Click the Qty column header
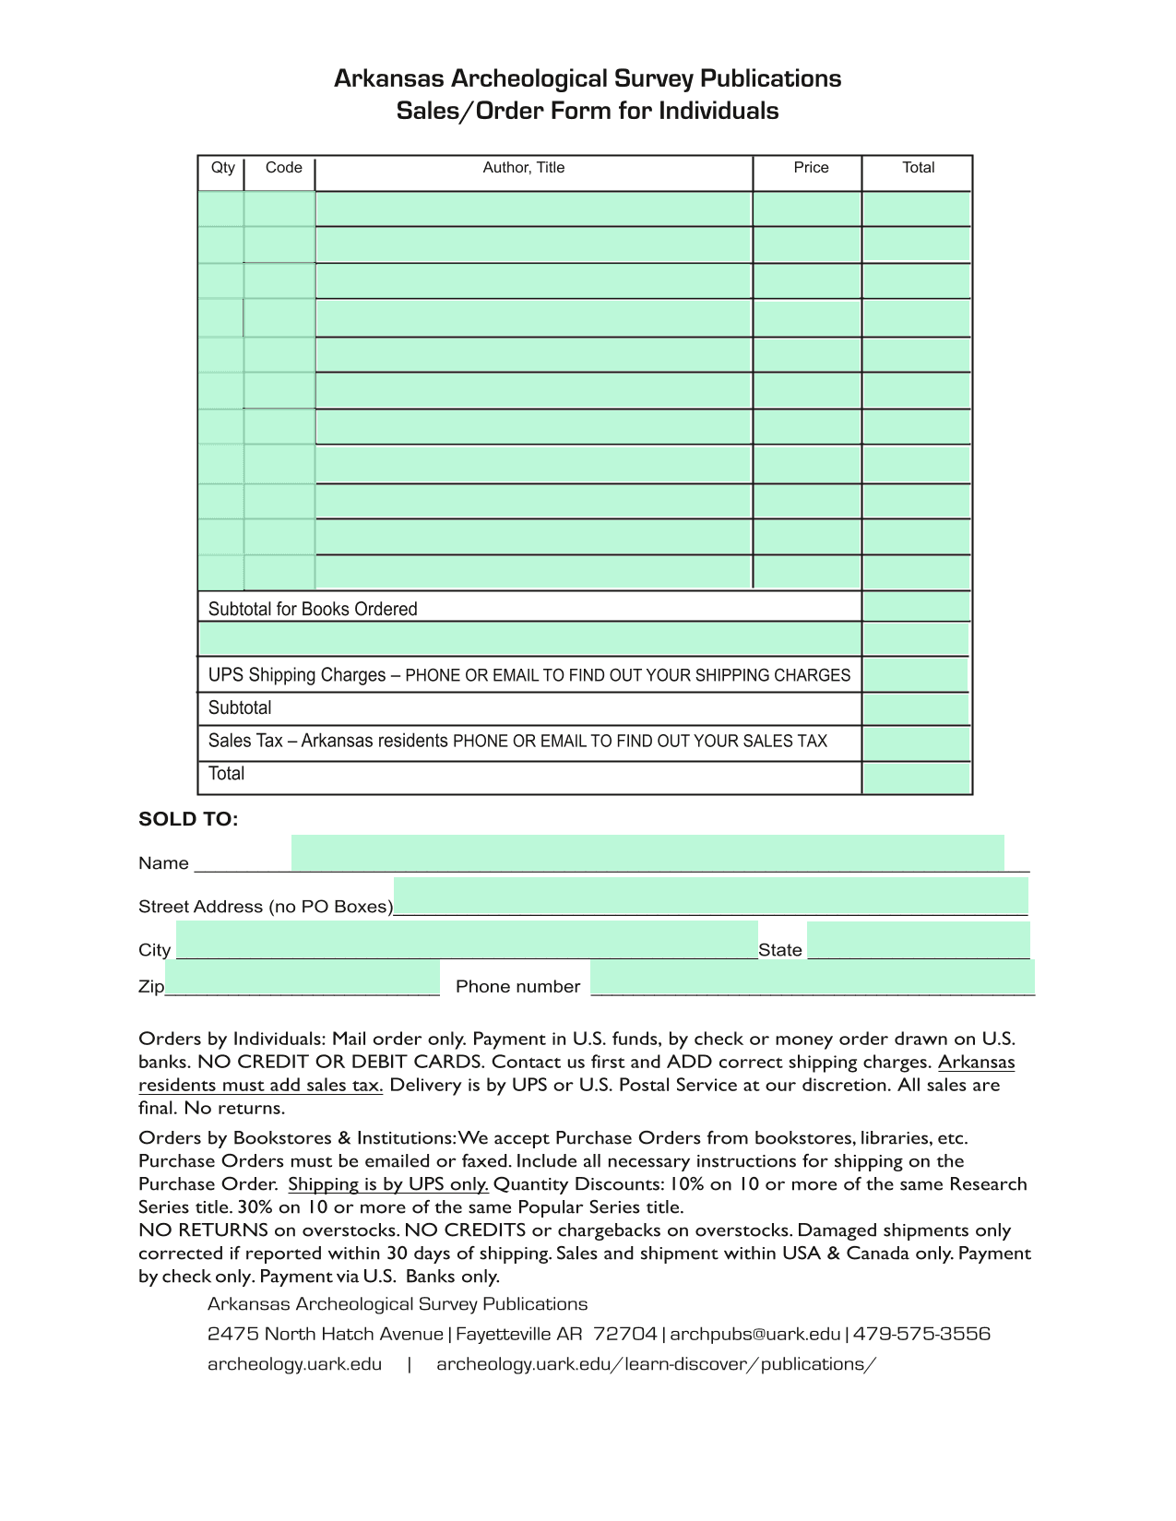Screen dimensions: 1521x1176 pos(223,168)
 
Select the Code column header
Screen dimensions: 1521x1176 pos(283,168)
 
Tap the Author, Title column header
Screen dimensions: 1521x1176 pos(523,168)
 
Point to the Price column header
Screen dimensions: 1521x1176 pos(811,168)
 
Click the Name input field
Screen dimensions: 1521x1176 pos(647,852)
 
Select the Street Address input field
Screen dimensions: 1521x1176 pos(710,896)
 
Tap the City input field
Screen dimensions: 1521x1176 pos(467,940)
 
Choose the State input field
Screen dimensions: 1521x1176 pos(918,940)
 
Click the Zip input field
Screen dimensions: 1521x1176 pos(303,978)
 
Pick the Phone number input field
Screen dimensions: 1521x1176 pos(812,978)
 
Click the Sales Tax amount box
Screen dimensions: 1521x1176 pos(916,743)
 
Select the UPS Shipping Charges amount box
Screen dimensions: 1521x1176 pos(916,675)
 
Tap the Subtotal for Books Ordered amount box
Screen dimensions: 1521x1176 pos(916,606)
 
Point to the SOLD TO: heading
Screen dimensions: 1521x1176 pos(188,819)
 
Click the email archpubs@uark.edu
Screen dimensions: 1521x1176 pos(754,1334)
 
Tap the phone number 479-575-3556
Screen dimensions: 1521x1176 pos(921,1334)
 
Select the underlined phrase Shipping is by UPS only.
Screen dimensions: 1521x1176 pos(387,1184)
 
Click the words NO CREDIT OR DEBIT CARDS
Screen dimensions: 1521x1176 pos(340,1062)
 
